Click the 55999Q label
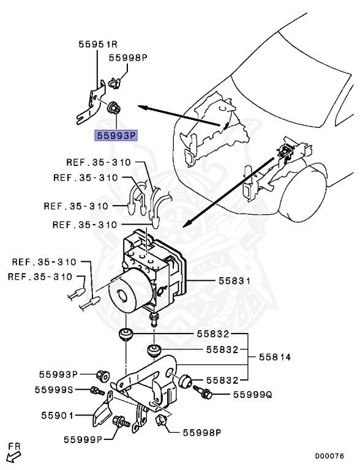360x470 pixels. (x=252, y=395)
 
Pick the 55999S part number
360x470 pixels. (x=54, y=390)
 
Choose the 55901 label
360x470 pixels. (x=54, y=416)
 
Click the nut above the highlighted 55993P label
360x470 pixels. (x=113, y=109)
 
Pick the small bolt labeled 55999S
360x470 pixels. (x=95, y=390)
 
